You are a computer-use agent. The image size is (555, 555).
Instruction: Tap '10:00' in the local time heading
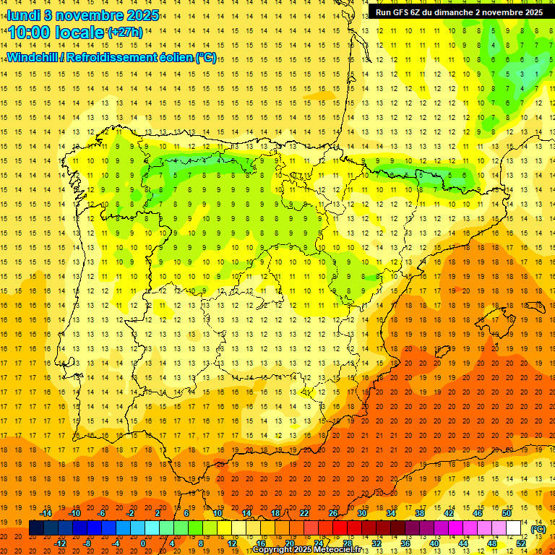30,33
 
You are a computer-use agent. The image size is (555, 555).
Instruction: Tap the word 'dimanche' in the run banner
453,12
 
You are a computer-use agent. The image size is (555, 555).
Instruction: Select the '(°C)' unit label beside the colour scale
538,529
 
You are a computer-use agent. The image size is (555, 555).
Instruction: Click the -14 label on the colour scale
46,513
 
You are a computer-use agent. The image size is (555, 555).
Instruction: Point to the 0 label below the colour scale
143,543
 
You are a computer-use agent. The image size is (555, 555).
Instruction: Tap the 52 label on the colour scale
520,543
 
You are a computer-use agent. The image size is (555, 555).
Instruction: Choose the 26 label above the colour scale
332,513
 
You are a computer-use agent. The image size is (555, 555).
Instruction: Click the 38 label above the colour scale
419,513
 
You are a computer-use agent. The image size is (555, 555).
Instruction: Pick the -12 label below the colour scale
60,543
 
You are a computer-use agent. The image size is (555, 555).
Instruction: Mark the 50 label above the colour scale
507,513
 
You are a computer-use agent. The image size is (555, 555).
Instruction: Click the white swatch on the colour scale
514,528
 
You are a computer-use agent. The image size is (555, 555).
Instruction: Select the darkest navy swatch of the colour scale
36,528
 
